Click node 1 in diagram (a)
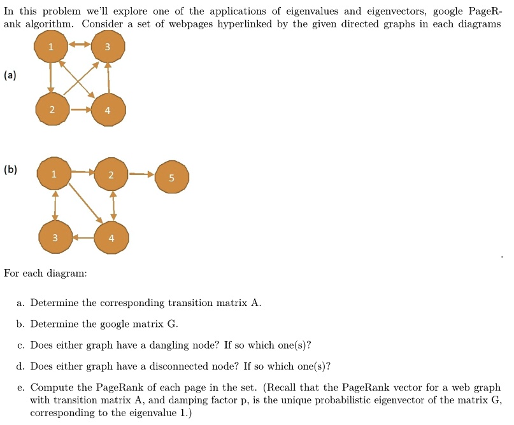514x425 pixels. coord(51,46)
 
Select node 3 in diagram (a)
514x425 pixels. coord(108,46)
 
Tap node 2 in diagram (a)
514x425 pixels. coord(52,109)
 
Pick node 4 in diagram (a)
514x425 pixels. coord(108,109)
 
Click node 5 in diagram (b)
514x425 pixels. coord(172,177)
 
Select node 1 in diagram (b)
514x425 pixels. coord(54,174)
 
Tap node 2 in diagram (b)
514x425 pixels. coord(111,174)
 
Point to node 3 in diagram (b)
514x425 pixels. coord(55,237)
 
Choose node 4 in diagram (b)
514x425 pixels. coord(111,237)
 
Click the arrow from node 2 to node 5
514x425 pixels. coord(141,174)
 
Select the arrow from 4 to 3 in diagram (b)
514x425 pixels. coord(83,237)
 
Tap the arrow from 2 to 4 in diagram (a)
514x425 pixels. coord(81,109)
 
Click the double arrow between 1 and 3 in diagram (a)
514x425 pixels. coord(80,45)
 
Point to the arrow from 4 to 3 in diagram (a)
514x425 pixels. coord(108,78)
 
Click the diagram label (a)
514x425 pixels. coord(10,75)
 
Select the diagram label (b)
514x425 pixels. coord(10,169)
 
